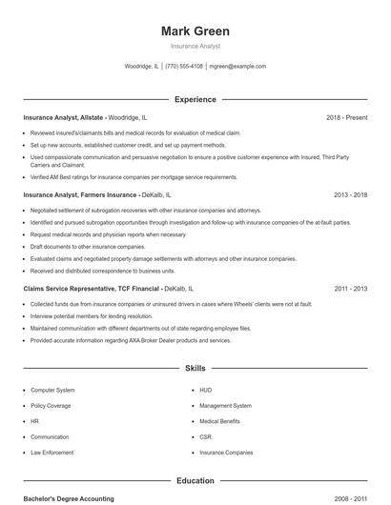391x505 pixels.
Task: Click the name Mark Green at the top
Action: coord(195,31)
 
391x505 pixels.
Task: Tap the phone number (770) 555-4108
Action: coord(184,67)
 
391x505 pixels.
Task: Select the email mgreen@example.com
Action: coord(237,67)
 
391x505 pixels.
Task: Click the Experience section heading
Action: coord(195,99)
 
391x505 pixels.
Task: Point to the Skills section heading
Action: coord(195,367)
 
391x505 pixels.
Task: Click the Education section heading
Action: coord(195,481)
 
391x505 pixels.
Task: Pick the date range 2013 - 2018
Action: coord(350,194)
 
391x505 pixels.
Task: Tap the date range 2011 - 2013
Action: coord(350,287)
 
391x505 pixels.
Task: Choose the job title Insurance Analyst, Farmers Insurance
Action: coord(79,194)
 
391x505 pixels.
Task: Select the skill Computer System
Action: coord(52,391)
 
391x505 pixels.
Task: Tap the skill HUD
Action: coord(205,391)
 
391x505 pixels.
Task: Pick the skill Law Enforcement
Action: coord(53,453)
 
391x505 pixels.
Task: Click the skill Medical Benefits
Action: coord(220,421)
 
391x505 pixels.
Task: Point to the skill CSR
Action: coord(205,437)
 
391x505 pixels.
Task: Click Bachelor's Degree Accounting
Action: coord(69,498)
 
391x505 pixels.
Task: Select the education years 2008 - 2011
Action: coord(350,498)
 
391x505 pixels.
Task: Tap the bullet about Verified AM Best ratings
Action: coord(134,177)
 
